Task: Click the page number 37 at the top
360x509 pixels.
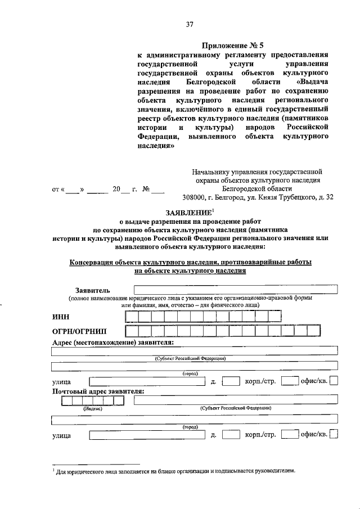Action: [189, 24]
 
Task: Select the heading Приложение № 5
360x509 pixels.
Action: [231, 44]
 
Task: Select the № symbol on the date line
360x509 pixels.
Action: [145, 190]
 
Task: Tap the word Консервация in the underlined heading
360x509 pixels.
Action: [91, 262]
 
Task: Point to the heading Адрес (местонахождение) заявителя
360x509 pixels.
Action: [112, 343]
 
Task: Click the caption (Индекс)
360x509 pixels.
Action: [93, 409]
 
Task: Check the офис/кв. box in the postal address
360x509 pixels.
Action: [334, 434]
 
